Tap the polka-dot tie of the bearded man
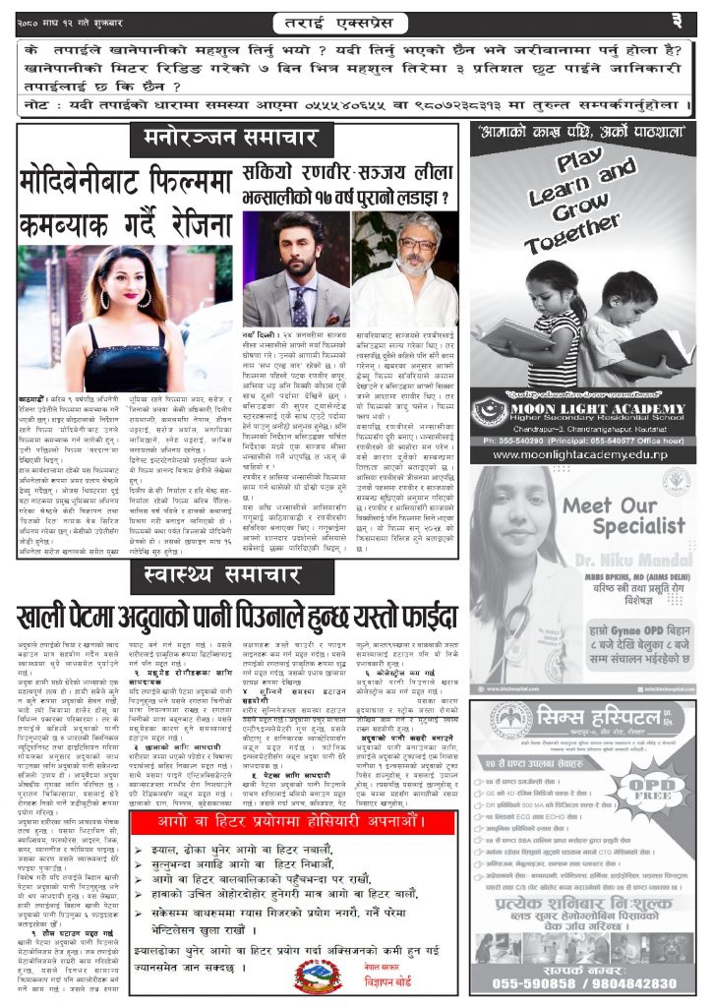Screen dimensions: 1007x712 (296, 307)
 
